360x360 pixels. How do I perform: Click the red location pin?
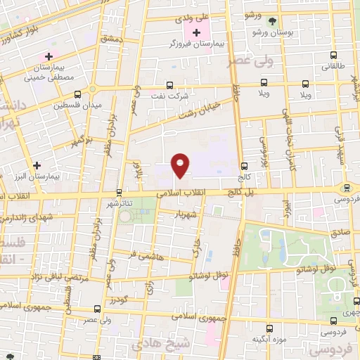[x=181, y=164]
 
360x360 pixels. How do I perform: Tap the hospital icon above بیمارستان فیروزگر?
[x=196, y=32]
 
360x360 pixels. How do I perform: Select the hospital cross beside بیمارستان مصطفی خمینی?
[x=49, y=56]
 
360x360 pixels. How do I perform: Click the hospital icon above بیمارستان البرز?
[x=37, y=165]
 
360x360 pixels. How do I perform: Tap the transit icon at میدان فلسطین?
[x=76, y=94]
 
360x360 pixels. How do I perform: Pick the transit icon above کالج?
[x=244, y=167]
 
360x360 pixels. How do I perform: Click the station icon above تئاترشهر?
[x=118, y=191]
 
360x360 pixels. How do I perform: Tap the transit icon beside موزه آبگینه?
[x=270, y=328]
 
